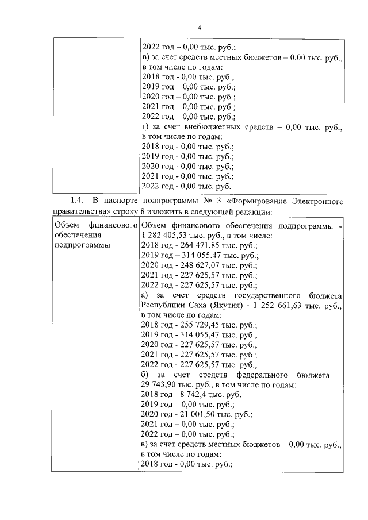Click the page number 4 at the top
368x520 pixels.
click(199, 28)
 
